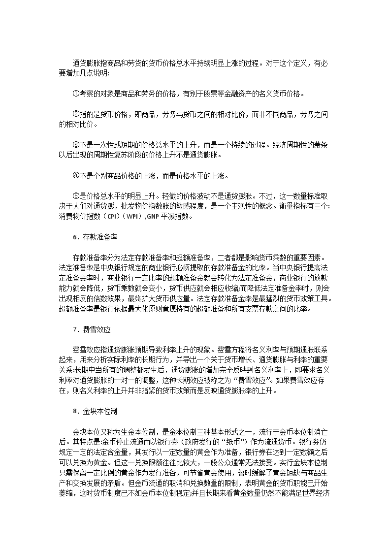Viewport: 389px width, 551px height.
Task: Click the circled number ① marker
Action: (76, 94)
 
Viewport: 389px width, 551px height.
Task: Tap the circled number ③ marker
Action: (76, 145)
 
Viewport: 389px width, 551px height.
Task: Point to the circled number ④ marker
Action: (76, 176)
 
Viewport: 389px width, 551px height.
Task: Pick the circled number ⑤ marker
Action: (76, 196)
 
